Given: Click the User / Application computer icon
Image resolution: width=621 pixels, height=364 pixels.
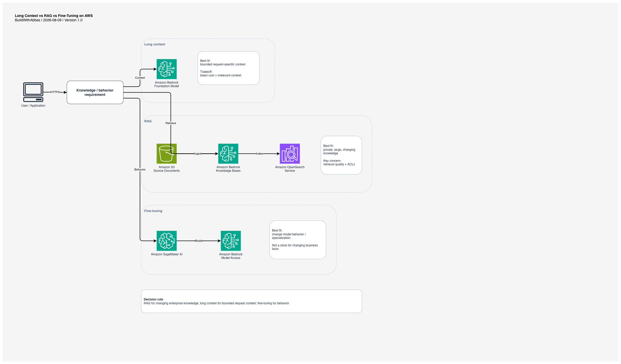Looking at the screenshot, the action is coord(33,92).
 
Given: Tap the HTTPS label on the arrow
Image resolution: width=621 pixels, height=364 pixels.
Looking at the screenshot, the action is coord(55,92).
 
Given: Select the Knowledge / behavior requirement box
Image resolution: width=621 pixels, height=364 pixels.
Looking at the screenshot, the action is coord(95,92).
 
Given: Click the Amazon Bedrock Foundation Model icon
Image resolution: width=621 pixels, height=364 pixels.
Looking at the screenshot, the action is coord(167,69).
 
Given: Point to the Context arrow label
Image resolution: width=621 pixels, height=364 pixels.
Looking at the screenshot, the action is coord(140,78).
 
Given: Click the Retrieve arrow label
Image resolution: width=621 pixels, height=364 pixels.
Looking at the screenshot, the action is coord(171,123).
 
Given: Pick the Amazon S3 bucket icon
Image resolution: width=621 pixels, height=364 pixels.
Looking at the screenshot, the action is coord(167,154).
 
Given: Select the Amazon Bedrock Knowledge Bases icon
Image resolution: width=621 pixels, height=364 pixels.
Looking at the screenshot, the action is coord(228,154).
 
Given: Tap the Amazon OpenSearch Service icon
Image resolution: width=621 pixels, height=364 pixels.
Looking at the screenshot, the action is coord(290,154).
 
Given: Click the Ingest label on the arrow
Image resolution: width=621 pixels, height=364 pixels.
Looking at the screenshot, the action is coord(198,154).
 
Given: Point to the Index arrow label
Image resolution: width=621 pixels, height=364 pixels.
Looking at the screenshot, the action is coord(259,154).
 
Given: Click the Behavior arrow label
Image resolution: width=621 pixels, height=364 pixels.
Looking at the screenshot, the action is coord(140,169).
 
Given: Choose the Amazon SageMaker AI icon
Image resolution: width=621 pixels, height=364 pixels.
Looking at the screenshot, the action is coord(167,241).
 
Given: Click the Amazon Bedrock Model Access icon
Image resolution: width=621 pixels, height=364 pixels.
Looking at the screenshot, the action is coord(231,241).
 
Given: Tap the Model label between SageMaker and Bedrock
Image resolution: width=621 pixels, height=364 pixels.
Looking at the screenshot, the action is coord(199,241).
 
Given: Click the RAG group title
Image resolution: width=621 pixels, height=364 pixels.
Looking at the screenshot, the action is coord(148,121).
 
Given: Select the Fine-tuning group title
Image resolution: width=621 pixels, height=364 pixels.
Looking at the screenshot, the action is coord(153,211).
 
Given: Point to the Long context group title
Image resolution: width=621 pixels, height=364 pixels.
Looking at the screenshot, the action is coord(154,44).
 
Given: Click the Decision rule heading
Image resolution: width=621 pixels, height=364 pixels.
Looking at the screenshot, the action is coord(153,299).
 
